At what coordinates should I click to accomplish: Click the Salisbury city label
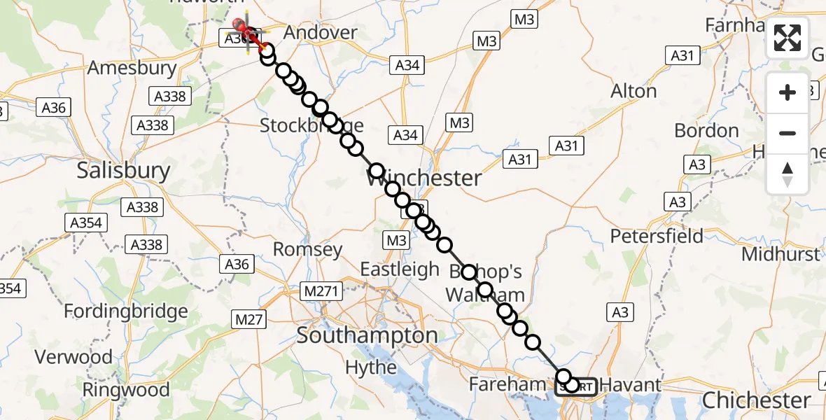click(x=124, y=170)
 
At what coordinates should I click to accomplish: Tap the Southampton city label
click(x=367, y=335)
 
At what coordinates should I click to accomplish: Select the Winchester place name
click(x=424, y=178)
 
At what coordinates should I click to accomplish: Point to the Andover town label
click(x=321, y=32)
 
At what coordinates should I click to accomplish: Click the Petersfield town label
click(x=657, y=236)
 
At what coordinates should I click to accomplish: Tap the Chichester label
click(x=756, y=400)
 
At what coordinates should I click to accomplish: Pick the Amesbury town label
click(x=132, y=68)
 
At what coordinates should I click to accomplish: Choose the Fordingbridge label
click(x=126, y=311)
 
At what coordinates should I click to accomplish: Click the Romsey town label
click(x=308, y=250)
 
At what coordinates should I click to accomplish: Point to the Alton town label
click(x=633, y=91)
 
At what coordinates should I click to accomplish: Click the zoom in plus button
click(x=787, y=92)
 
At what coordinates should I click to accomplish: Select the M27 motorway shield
click(x=248, y=320)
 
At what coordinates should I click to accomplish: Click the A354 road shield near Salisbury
click(x=86, y=223)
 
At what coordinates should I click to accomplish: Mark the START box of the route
click(x=577, y=386)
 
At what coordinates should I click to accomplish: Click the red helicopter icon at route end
click(x=247, y=30)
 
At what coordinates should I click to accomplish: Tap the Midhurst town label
click(x=780, y=254)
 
